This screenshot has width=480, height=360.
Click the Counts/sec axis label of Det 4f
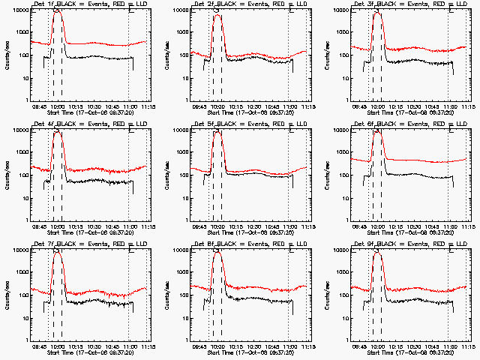click(6, 173)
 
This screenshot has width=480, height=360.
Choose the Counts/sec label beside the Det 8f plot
click(166, 293)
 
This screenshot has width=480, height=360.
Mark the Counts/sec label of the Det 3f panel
click(326, 53)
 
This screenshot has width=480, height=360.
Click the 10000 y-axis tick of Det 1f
click(19, 10)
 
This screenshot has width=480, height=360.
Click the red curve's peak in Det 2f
click(217, 15)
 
